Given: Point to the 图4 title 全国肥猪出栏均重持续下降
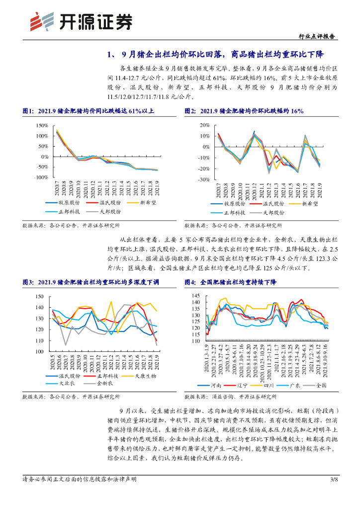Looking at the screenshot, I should (238, 282).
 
